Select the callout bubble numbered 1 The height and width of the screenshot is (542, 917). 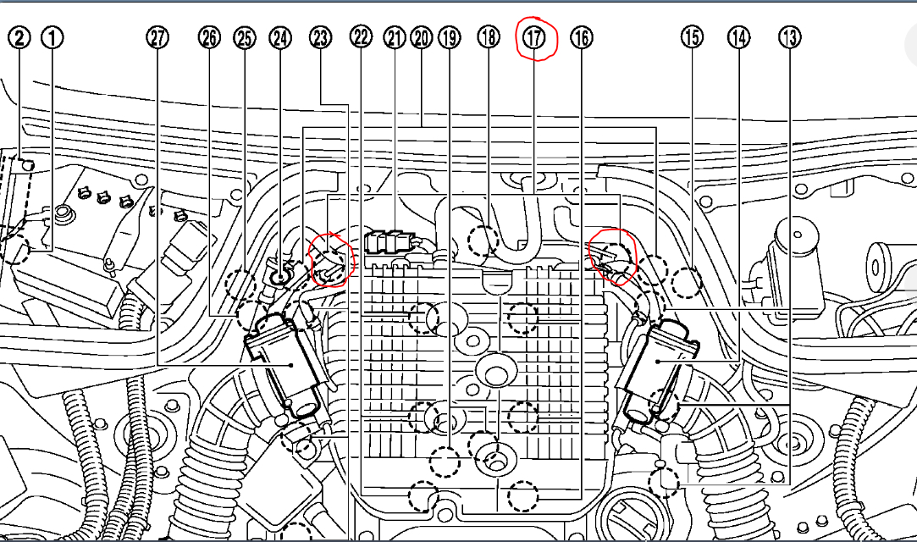(x=53, y=38)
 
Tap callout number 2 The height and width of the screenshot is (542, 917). (x=20, y=38)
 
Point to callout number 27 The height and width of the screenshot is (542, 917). (x=157, y=38)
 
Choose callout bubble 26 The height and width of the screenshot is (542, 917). (x=210, y=38)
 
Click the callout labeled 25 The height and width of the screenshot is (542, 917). (x=244, y=38)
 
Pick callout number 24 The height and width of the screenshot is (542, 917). (x=280, y=38)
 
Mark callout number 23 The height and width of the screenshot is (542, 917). (x=320, y=38)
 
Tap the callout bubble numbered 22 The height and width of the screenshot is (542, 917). (x=362, y=38)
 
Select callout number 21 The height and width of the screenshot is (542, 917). (x=395, y=38)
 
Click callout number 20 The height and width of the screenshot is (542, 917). (x=421, y=38)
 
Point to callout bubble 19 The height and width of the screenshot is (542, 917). (x=449, y=38)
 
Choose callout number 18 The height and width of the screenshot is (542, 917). (x=488, y=38)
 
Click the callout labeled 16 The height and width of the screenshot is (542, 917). (x=582, y=38)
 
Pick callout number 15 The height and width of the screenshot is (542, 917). (x=692, y=38)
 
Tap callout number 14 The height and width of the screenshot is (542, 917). (x=739, y=38)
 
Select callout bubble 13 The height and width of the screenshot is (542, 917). (x=791, y=38)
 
